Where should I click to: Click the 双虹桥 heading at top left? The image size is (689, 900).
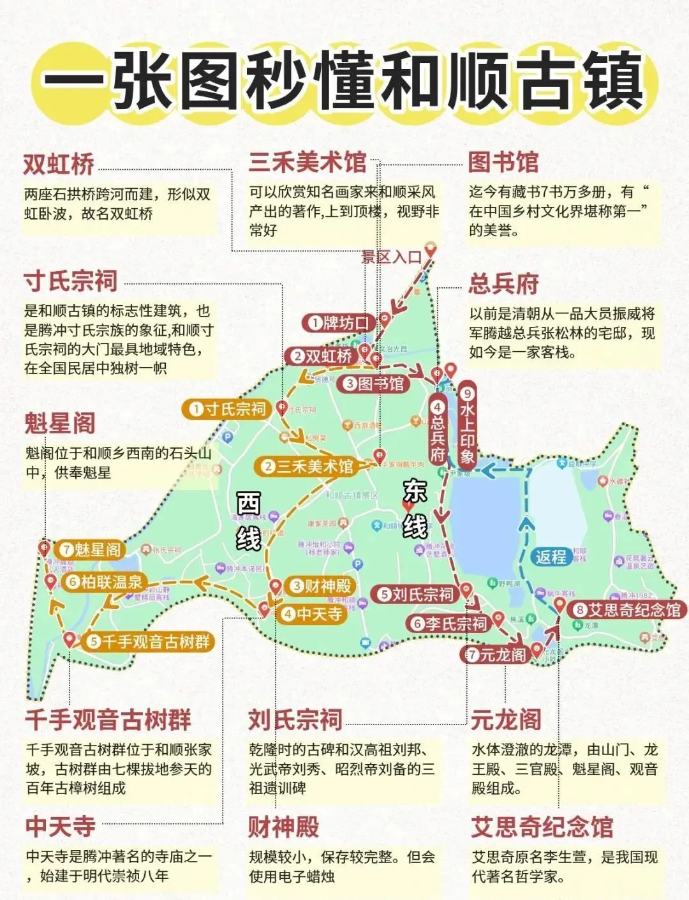pyautogui.click(x=59, y=165)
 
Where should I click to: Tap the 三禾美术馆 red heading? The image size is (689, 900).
pyautogui.click(x=307, y=162)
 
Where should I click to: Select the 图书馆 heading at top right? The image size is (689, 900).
pyautogui.click(x=503, y=162)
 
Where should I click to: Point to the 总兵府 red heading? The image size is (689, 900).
pyautogui.click(x=503, y=284)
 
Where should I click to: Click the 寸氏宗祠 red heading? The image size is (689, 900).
pyautogui.click(x=71, y=281)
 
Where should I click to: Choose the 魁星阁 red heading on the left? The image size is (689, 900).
pyautogui.click(x=59, y=423)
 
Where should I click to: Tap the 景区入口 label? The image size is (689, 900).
pyautogui.click(x=392, y=257)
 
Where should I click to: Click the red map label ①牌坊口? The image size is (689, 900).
pyautogui.click(x=338, y=323)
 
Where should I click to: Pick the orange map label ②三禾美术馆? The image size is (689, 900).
pyautogui.click(x=307, y=467)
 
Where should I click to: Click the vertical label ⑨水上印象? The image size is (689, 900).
pyautogui.click(x=467, y=425)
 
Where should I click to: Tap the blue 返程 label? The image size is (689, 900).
pyautogui.click(x=551, y=557)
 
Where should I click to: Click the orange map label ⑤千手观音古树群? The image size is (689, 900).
pyautogui.click(x=149, y=641)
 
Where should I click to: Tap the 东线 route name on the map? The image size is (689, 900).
pyautogui.click(x=415, y=509)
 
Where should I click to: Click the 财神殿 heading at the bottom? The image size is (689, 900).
pyautogui.click(x=283, y=827)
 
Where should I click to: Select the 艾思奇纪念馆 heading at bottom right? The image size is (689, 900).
pyautogui.click(x=542, y=827)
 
